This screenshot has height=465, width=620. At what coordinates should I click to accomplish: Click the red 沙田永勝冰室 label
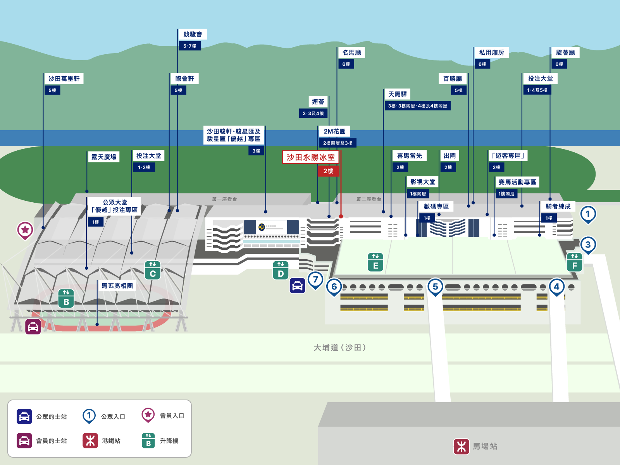310,157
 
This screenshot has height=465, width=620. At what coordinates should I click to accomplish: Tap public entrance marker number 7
315,280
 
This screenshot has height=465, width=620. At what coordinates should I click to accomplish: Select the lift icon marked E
375,262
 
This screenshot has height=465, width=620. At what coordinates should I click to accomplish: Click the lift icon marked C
153,270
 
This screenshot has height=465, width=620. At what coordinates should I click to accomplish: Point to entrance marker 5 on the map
435,287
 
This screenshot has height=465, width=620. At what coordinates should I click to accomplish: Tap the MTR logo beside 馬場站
461,446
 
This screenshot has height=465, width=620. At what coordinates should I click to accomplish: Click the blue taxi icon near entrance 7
298,286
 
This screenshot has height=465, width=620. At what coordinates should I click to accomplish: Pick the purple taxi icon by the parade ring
33,327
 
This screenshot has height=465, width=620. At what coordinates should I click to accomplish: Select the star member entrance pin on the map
25,231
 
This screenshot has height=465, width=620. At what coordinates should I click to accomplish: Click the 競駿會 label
193,34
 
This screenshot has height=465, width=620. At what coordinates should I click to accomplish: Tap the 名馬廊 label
352,53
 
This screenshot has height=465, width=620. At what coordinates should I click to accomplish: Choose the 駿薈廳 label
565,53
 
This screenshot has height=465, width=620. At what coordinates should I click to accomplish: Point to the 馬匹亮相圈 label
117,286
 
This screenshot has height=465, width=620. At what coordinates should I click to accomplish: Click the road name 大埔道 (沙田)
340,348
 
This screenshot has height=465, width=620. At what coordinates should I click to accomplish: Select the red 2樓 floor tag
328,171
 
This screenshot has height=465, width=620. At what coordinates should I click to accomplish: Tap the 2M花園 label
335,131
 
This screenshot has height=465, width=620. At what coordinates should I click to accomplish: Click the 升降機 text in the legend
169,441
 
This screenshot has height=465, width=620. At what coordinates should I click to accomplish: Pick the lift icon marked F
575,262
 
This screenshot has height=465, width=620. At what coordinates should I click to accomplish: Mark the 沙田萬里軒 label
64,79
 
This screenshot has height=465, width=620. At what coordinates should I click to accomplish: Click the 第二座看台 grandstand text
369,199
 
